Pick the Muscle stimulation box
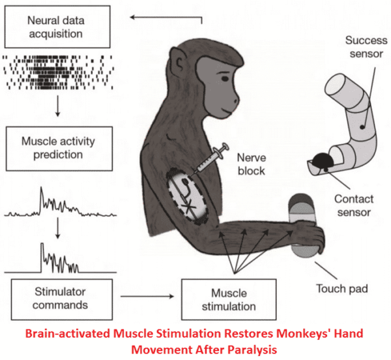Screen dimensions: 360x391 point(218,300)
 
